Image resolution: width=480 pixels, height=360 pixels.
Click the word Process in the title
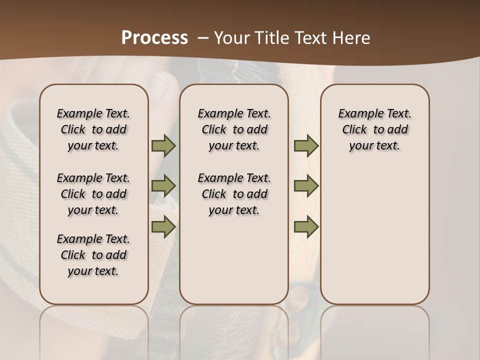coord(154,38)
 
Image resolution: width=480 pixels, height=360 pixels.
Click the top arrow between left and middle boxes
coord(163,146)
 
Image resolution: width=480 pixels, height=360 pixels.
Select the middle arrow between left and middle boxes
coord(163,186)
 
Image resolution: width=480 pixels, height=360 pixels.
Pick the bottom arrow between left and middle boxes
coord(163,226)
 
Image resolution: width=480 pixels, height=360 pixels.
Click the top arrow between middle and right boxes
coord(306,146)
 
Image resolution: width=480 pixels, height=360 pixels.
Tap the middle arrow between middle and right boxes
coord(306,186)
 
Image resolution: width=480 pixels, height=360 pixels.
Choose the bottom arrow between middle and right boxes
coord(306,226)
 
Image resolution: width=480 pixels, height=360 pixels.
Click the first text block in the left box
coord(93,129)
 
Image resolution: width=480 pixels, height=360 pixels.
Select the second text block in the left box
coord(93,194)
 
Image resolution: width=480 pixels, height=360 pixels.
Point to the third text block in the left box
coord(93,255)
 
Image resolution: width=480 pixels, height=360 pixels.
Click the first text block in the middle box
coord(234,129)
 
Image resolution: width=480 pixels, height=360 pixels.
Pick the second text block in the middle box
coord(234,194)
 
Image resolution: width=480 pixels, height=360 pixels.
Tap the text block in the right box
coord(375,129)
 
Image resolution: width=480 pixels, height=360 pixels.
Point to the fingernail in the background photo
coord(161,84)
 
